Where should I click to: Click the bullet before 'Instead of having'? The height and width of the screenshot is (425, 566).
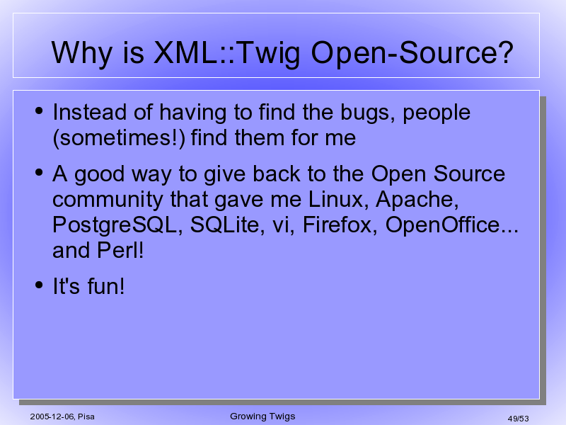coord(39,110)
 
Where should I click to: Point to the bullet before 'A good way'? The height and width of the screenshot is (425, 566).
coord(39,172)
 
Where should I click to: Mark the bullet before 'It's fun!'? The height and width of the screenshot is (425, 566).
coord(39,285)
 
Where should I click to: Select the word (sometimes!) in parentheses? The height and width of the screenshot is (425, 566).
coord(119,138)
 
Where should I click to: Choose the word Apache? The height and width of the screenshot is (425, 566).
coord(417,200)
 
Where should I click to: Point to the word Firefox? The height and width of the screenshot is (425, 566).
coord(340,225)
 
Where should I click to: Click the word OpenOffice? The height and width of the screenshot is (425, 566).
coord(443,225)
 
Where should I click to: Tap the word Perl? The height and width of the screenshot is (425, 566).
coord(120,250)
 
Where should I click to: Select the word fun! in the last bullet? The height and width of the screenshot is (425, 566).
coord(106,286)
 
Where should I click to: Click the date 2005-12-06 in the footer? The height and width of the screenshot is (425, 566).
coord(52,416)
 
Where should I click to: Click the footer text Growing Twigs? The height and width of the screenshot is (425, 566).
coord(262,416)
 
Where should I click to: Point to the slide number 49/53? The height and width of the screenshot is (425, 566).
coord(518,419)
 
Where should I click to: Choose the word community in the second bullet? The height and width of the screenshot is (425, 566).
coord(108,200)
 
